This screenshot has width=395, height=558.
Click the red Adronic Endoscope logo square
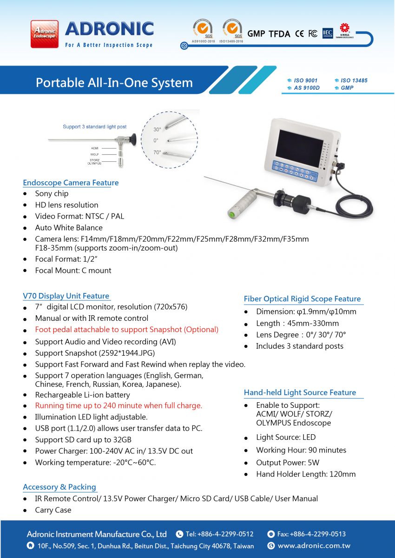pyautogui.click(x=45, y=34)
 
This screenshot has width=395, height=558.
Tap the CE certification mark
pyautogui.click(x=299, y=33)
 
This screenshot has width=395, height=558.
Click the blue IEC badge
pyautogui.click(x=328, y=33)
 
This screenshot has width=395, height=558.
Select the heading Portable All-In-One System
pyautogui.click(x=114, y=83)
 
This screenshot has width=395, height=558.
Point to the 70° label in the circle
pyautogui.click(x=158, y=152)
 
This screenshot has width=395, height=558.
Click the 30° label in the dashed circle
pyautogui.click(x=157, y=129)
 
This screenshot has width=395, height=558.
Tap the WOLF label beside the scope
pyautogui.click(x=95, y=154)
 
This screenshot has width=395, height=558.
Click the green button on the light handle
pyautogui.click(x=232, y=214)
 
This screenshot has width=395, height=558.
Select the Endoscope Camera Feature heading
pyautogui.click(x=71, y=183)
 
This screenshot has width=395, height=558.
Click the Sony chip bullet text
pyautogui.click(x=52, y=193)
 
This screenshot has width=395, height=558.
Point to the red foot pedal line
pyautogui.click(x=127, y=329)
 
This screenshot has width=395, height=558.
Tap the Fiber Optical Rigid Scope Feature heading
pyautogui.click(x=302, y=299)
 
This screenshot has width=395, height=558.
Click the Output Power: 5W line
pyautogui.click(x=288, y=463)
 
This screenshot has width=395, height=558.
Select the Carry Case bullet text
pyautogui.click(x=53, y=510)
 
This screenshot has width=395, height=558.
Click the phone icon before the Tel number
pyautogui.click(x=179, y=534)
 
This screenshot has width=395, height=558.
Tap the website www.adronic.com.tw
pyautogui.click(x=314, y=545)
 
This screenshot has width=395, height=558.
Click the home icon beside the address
pyautogui.click(x=30, y=545)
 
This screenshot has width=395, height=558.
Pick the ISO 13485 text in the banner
pyautogui.click(x=354, y=80)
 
